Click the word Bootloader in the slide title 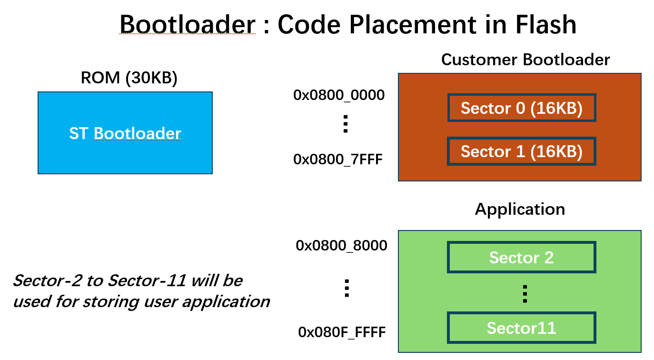pyautogui.click(x=188, y=24)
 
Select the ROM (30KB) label pyautogui.click(x=129, y=78)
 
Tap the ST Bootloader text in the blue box pyautogui.click(x=125, y=133)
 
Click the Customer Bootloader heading pyautogui.click(x=525, y=60)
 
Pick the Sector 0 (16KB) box pyautogui.click(x=521, y=108)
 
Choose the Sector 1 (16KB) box pyautogui.click(x=521, y=151)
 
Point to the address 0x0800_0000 pyautogui.click(x=339, y=95)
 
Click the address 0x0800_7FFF pyautogui.click(x=338, y=159)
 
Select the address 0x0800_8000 pyautogui.click(x=341, y=246)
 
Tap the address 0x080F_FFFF pyautogui.click(x=341, y=332)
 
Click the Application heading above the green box pyautogui.click(x=520, y=209)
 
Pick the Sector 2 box pyautogui.click(x=521, y=258)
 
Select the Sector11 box pyautogui.click(x=521, y=328)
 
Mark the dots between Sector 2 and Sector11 pyautogui.click(x=525, y=294)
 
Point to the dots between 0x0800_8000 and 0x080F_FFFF pyautogui.click(x=347, y=289)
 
